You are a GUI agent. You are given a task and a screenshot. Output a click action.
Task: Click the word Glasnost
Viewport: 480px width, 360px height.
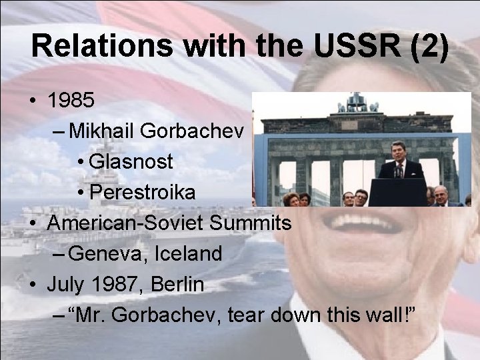[x=131, y=162]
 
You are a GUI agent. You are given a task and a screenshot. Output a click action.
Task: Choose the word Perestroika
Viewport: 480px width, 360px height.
[x=142, y=193]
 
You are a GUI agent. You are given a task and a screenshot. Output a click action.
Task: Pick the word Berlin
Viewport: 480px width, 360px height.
[x=178, y=284]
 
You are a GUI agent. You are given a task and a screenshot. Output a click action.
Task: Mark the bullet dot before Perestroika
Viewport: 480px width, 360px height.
[x=80, y=193]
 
